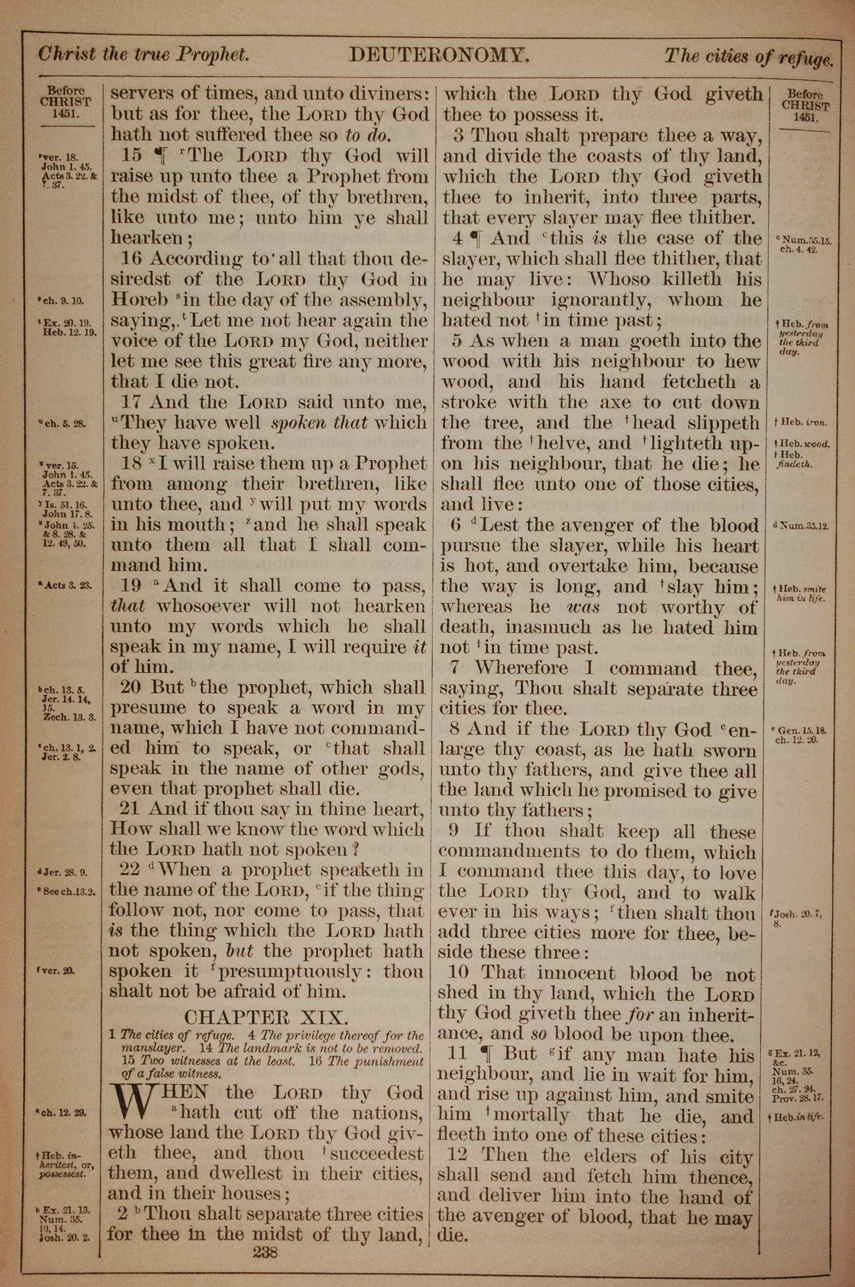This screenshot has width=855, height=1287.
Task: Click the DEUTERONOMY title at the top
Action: pos(439,55)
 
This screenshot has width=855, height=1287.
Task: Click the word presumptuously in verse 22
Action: pos(289,972)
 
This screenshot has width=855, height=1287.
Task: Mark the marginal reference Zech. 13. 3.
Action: pos(69,718)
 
